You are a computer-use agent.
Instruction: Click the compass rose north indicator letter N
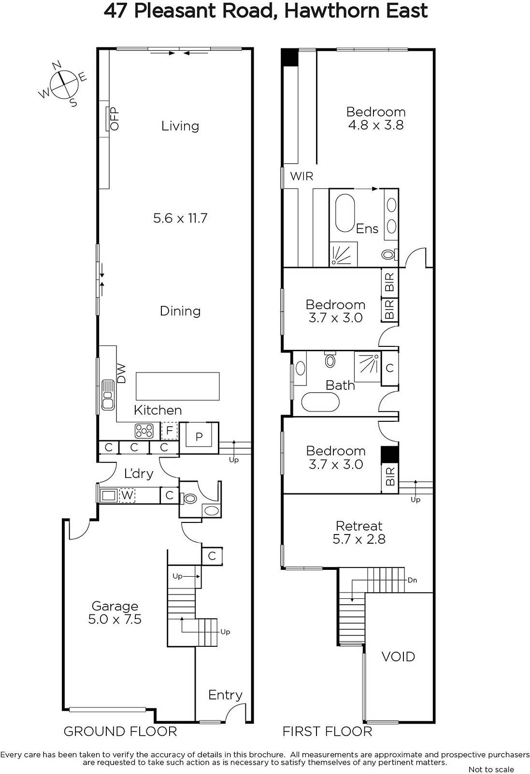tap(57, 65)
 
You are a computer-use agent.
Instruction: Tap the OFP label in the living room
tap(114, 119)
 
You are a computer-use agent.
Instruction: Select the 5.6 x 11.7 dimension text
tap(180, 218)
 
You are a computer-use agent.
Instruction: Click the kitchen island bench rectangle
tap(178, 386)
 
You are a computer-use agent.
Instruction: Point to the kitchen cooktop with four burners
tap(144, 431)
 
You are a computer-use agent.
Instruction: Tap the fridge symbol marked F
tap(170, 431)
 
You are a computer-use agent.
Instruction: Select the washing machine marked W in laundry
tap(127, 495)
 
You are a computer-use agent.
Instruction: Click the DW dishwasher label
tap(121, 373)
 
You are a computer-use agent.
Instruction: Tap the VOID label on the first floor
tap(398, 656)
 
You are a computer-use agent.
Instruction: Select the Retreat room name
tap(359, 526)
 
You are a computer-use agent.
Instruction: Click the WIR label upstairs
tap(301, 176)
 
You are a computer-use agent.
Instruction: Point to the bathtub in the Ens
tap(345, 213)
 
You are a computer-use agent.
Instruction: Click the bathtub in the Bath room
tap(320, 402)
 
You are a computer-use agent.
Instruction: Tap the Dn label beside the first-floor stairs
tap(412, 580)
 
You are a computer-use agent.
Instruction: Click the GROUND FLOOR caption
tap(120, 731)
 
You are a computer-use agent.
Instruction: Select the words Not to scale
tap(491, 769)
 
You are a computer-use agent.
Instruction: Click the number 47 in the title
tap(115, 11)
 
